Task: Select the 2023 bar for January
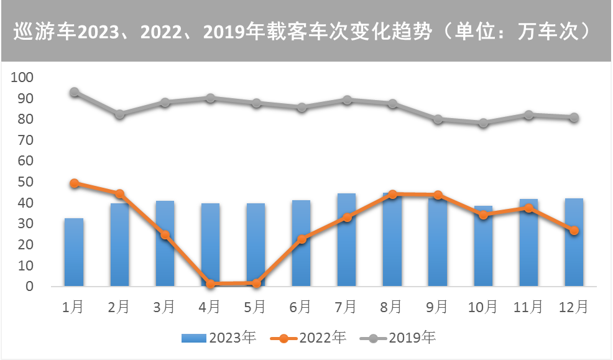74,252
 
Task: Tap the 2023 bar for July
347,239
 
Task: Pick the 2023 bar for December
574,242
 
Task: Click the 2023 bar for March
165,243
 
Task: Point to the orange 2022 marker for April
210,284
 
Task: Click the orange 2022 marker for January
74,183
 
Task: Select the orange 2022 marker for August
392,194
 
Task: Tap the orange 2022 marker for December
574,230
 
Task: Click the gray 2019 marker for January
74,91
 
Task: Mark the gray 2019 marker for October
483,122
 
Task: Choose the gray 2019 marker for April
210,98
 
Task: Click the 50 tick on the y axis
25,182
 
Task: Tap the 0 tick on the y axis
29,287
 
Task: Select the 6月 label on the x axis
301,307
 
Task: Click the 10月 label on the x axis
483,307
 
